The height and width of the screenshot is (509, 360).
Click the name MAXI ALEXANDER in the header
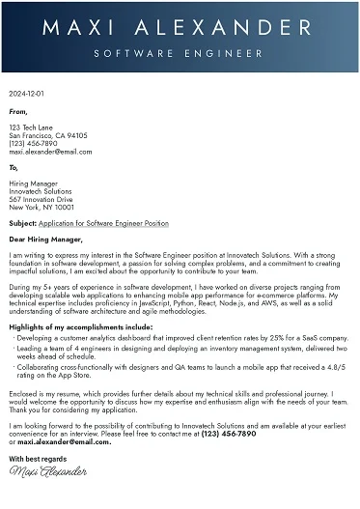click(180, 26)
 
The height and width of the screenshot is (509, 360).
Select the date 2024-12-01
click(26, 95)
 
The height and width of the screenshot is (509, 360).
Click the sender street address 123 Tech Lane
click(32, 127)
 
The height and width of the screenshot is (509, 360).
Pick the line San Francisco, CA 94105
click(48, 136)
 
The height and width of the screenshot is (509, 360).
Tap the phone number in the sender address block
click(32, 144)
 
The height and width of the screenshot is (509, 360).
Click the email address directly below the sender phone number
click(50, 152)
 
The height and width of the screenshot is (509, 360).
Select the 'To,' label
click(14, 167)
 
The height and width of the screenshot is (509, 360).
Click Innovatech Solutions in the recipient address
click(41, 191)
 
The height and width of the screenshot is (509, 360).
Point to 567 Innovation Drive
click(42, 199)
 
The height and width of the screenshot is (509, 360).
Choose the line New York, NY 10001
click(42, 207)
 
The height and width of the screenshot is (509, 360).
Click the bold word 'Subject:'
click(23, 223)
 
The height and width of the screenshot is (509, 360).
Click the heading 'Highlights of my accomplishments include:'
click(82, 327)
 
